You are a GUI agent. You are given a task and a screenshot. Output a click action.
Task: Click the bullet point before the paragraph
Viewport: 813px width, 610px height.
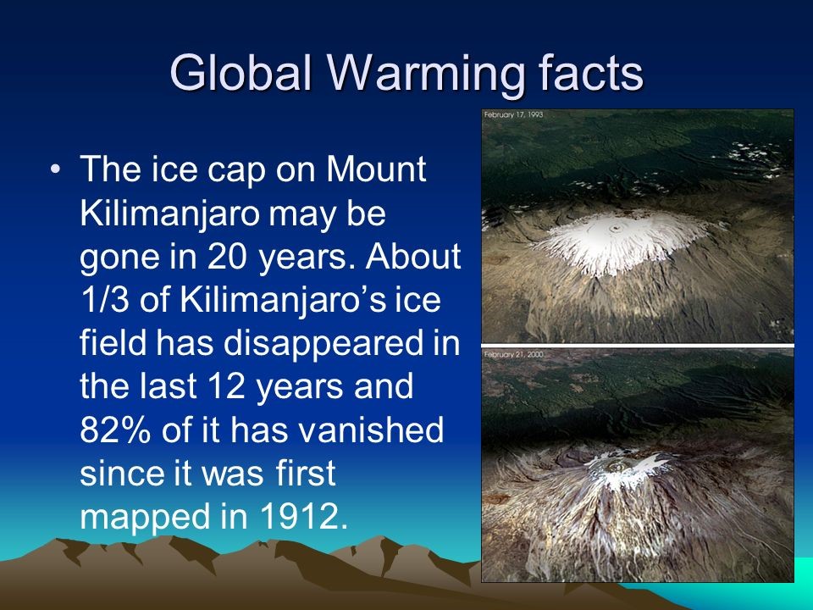[56, 169]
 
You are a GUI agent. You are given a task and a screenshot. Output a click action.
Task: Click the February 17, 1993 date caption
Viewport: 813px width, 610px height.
[513, 114]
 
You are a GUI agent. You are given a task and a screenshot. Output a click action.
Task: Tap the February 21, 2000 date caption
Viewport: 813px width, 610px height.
[513, 354]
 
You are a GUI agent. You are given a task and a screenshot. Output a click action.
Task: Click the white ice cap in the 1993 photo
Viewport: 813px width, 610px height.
[620, 241]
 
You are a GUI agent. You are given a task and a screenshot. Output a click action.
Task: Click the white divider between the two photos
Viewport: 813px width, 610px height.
[638, 346]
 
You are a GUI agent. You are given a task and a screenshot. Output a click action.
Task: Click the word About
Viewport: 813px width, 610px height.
[413, 256]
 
